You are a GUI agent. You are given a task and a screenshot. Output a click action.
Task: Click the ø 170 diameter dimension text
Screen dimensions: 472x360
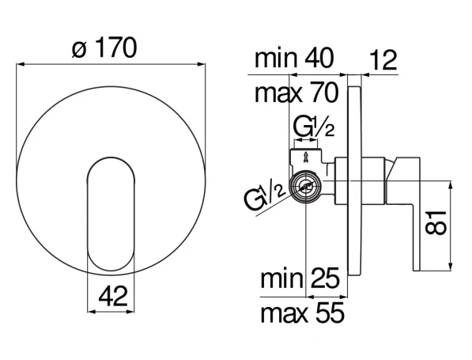point(104,48)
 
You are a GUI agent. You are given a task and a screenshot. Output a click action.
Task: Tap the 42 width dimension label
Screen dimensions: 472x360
point(113,296)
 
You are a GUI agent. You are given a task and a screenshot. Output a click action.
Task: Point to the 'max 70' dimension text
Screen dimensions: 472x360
point(296,93)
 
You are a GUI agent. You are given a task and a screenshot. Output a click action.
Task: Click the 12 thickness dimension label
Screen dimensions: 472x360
point(383,60)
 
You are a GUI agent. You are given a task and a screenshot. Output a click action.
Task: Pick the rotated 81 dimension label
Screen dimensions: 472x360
point(436,222)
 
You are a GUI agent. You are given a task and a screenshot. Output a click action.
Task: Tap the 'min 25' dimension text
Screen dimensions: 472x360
point(300,279)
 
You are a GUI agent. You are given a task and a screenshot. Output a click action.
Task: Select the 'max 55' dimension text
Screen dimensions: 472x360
point(302,313)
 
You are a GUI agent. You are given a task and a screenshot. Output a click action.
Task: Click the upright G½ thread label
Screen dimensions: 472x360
point(314,127)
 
